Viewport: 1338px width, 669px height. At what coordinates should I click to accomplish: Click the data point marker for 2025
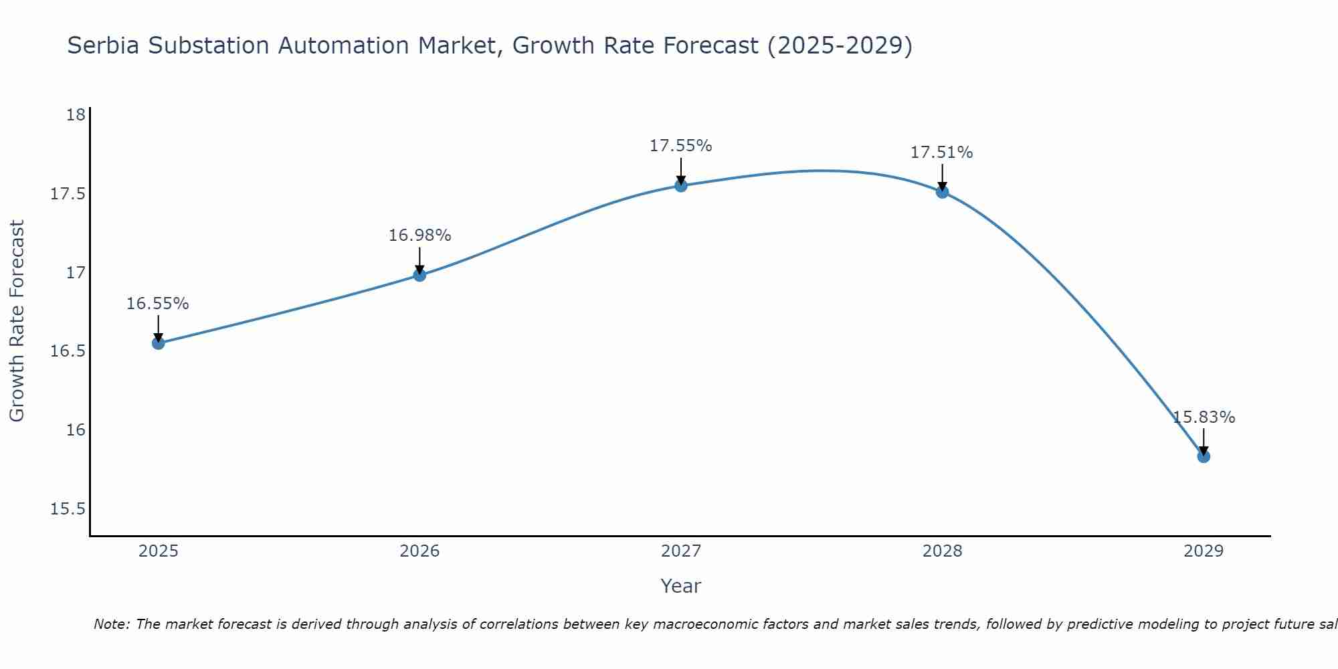pyautogui.click(x=159, y=343)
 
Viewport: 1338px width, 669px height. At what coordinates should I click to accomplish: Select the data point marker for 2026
pyautogui.click(x=419, y=275)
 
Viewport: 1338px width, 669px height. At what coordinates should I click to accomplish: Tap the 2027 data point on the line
pyautogui.click(x=681, y=185)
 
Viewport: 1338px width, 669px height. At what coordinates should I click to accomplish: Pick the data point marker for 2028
pyautogui.click(x=942, y=192)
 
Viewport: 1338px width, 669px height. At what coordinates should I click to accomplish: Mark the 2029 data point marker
pyautogui.click(x=1204, y=456)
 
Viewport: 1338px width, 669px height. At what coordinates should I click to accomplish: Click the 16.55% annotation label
pyautogui.click(x=158, y=304)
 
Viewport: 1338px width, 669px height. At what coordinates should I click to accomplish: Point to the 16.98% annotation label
pyautogui.click(x=419, y=235)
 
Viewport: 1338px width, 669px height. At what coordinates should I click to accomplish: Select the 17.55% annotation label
pyautogui.click(x=681, y=146)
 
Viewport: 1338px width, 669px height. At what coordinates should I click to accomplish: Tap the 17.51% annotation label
pyautogui.click(x=942, y=153)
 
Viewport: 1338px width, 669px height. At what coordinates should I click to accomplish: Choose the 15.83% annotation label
pyautogui.click(x=1204, y=417)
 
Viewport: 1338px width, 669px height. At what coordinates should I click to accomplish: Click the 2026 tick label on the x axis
pyautogui.click(x=419, y=551)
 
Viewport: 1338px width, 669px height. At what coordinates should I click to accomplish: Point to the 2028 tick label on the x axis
pyautogui.click(x=942, y=551)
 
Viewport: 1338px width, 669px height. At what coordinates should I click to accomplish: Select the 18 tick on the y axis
pyautogui.click(x=76, y=115)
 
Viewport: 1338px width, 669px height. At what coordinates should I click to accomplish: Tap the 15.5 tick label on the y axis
pyautogui.click(x=68, y=509)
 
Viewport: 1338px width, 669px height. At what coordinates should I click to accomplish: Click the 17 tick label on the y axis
pyautogui.click(x=76, y=273)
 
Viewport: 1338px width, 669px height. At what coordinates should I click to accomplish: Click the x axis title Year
pyautogui.click(x=681, y=586)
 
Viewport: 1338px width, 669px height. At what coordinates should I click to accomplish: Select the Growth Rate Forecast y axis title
pyautogui.click(x=17, y=321)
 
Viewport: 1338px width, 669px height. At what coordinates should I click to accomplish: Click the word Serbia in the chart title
pyautogui.click(x=104, y=46)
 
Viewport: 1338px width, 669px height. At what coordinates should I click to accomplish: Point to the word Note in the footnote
pyautogui.click(x=111, y=624)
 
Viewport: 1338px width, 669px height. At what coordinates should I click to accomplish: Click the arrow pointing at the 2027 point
pyautogui.click(x=681, y=171)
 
